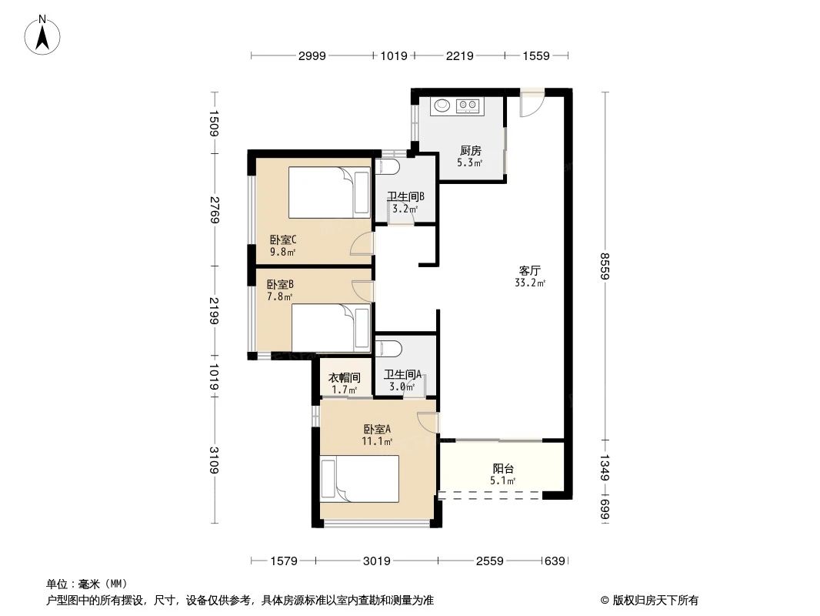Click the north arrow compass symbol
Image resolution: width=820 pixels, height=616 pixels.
click(x=43, y=34)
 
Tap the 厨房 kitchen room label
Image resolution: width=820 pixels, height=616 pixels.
click(x=471, y=151)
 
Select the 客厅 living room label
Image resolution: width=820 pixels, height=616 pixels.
click(x=529, y=271)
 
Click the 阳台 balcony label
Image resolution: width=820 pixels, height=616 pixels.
click(x=503, y=468)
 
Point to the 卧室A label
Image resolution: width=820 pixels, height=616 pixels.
click(x=378, y=430)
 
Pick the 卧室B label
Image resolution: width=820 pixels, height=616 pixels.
click(x=275, y=284)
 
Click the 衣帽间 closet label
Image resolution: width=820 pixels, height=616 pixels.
click(x=345, y=378)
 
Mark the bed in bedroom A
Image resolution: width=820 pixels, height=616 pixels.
click(x=360, y=478)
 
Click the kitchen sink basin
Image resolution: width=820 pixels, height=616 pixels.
click(x=442, y=105)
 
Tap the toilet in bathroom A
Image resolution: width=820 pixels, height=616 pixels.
click(x=388, y=348)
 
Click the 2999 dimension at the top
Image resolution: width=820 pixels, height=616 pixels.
click(x=312, y=55)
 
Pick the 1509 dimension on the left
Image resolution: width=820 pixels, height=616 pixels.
click(x=215, y=124)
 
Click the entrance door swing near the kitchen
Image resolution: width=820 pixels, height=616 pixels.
click(x=531, y=105)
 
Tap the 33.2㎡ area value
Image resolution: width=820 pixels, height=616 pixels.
click(x=530, y=283)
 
